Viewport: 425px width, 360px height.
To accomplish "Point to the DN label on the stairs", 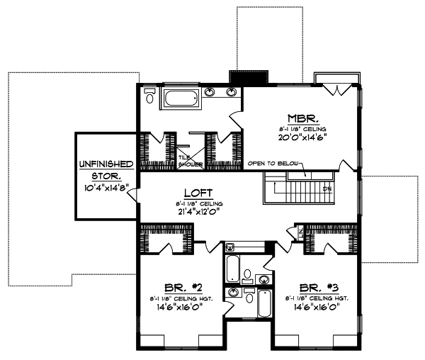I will tap(327, 189).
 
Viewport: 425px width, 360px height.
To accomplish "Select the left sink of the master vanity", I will tap(210, 92).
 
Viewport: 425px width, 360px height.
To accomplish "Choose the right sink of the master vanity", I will tap(232, 92).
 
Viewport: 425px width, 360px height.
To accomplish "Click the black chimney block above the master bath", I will tap(249, 78).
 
